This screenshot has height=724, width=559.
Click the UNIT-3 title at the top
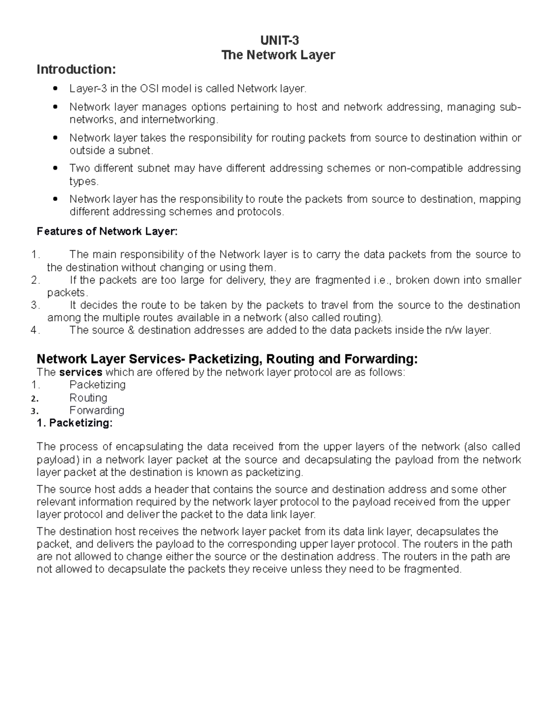pyautogui.click(x=279, y=41)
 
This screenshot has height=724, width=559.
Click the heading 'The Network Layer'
pyautogui.click(x=279, y=55)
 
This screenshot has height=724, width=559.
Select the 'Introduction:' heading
pyautogui.click(x=76, y=69)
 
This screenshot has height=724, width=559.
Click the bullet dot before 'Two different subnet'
pyautogui.click(x=56, y=169)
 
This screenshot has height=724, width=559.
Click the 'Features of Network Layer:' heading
pyautogui.click(x=107, y=231)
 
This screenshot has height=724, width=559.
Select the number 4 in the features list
pyautogui.click(x=34, y=331)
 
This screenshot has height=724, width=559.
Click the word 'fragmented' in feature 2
pyautogui.click(x=342, y=280)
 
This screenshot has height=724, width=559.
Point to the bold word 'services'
pyautogui.click(x=80, y=372)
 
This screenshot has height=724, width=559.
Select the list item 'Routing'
pyautogui.click(x=88, y=398)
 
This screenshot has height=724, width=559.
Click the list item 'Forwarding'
pyautogui.click(x=97, y=410)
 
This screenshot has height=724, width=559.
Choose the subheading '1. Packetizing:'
pyautogui.click(x=75, y=423)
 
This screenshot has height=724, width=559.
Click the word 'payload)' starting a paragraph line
pyautogui.click(x=56, y=460)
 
